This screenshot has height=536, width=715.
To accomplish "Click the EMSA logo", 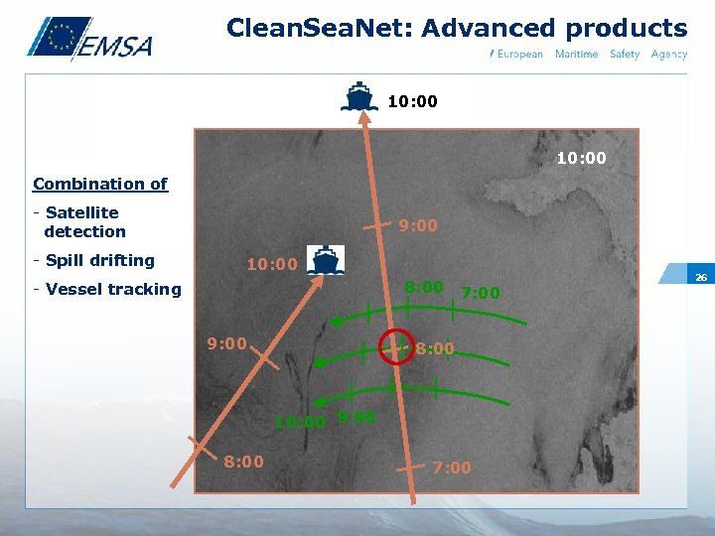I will click(x=89, y=40).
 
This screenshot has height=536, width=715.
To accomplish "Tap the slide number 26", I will click(x=700, y=277).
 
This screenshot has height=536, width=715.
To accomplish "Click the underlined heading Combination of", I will click(x=100, y=184).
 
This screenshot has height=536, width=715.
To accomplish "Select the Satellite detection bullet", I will click(x=80, y=222).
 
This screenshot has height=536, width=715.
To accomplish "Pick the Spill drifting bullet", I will click(x=94, y=260).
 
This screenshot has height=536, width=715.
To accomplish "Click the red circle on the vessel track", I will click(x=396, y=348).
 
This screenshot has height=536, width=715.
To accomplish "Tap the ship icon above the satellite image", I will click(x=359, y=97).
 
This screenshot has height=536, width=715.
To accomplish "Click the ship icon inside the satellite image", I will click(x=325, y=260).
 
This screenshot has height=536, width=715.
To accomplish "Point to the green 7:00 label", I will click(x=481, y=293).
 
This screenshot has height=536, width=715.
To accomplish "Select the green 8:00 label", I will click(x=423, y=287).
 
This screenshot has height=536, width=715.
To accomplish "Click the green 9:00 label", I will click(x=357, y=418).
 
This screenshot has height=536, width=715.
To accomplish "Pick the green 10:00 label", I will click(x=300, y=422).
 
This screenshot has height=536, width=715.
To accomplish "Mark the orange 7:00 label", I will click(x=452, y=468).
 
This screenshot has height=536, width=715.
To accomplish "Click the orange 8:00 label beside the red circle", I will click(x=435, y=348).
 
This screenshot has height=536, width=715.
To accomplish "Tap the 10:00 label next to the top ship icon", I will click(x=412, y=101).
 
